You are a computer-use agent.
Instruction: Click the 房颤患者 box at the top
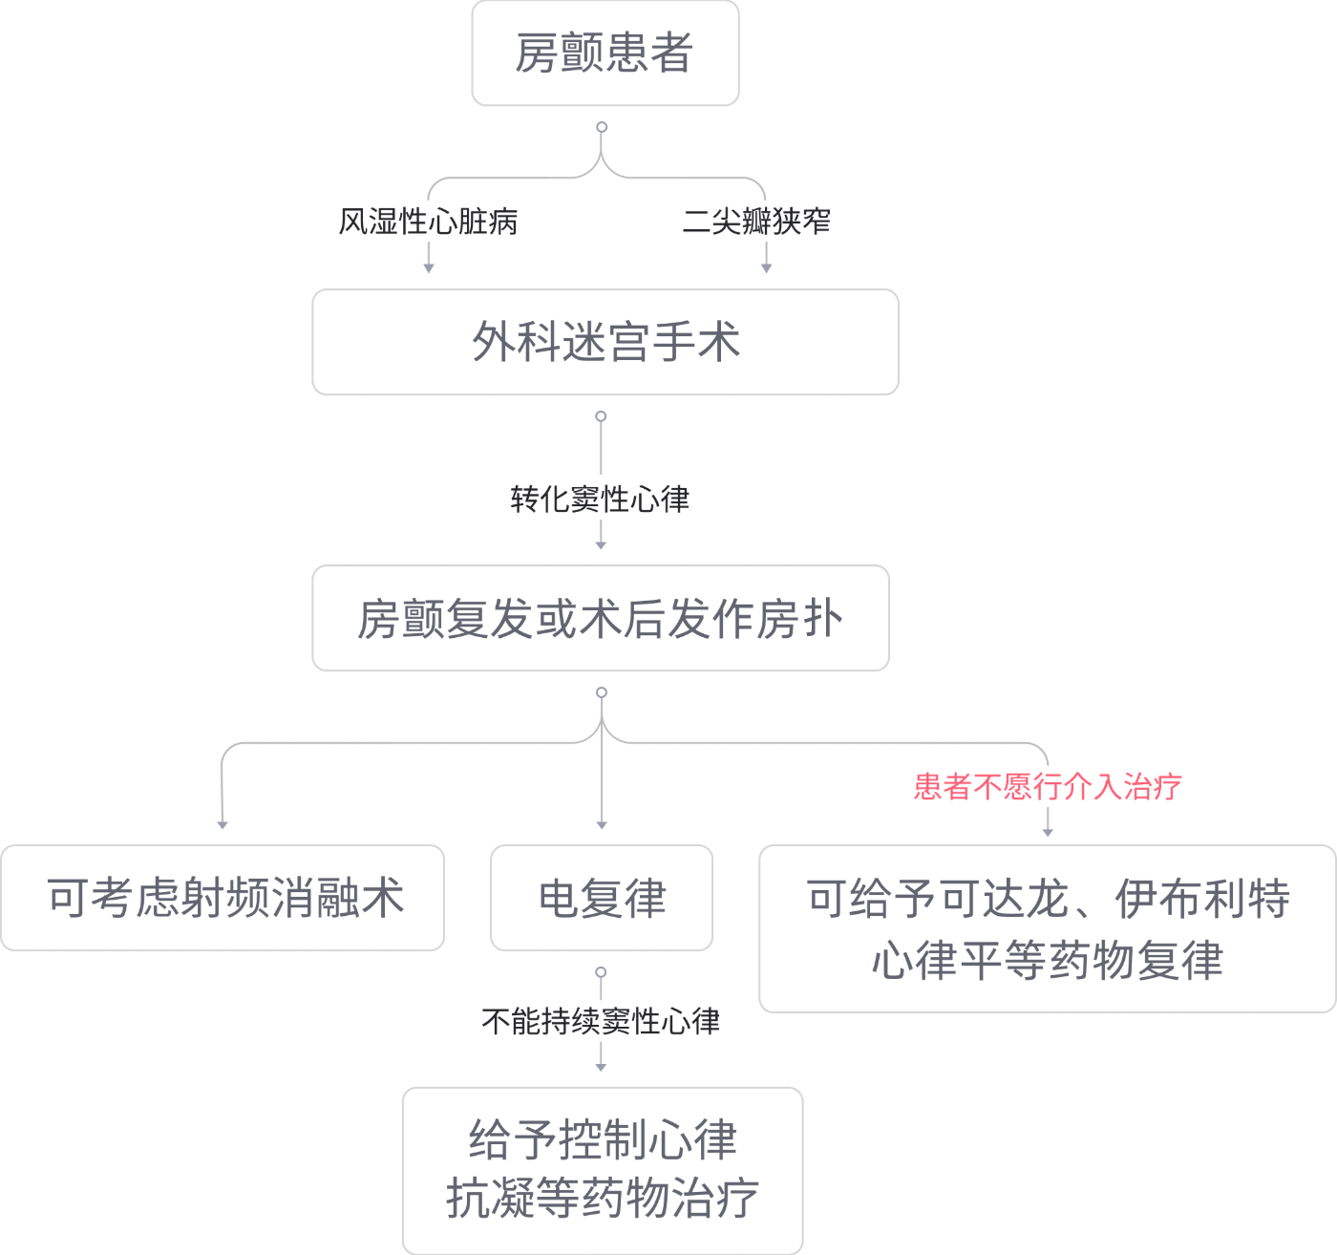tap(605, 53)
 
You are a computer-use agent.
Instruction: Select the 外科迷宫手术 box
tap(605, 342)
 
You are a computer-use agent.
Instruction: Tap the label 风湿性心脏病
tap(428, 222)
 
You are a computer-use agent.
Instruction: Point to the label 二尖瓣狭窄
tap(756, 222)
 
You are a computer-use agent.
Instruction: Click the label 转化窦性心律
tap(600, 499)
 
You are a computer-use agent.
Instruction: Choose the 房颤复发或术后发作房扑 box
tap(601, 618)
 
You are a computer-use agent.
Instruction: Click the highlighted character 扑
tap(824, 618)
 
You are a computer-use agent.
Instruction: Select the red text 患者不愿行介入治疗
tap(1047, 786)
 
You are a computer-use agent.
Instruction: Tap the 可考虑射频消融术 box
tap(223, 898)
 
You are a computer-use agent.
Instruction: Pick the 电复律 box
tap(601, 898)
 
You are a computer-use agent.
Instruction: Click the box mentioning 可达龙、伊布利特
tap(1047, 928)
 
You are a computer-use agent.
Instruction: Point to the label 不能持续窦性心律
tap(600, 1021)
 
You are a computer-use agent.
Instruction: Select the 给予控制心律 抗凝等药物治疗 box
tap(602, 1170)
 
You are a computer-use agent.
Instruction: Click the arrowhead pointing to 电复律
tap(601, 823)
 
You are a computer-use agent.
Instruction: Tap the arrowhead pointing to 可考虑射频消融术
tap(223, 823)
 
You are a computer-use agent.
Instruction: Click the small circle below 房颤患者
tap(602, 126)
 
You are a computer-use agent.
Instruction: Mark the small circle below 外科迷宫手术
tap(601, 416)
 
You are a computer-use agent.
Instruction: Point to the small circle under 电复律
tap(601, 971)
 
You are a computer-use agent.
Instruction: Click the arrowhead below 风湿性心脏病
tap(428, 267)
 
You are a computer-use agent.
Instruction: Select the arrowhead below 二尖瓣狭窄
tap(765, 267)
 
